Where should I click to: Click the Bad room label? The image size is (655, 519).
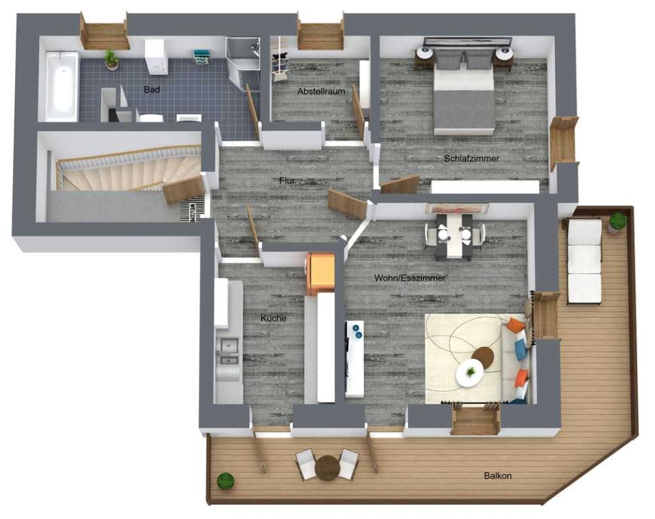(152, 89)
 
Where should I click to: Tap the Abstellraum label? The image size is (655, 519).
(321, 91)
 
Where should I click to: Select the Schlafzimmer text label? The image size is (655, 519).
(472, 158)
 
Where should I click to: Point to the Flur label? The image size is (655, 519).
(287, 181)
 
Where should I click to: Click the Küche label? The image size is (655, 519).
(274, 318)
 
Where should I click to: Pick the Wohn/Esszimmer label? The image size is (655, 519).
(410, 278)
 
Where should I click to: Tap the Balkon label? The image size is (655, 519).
(498, 476)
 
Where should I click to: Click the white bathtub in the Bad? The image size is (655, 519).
(62, 86)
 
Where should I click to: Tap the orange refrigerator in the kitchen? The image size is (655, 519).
(321, 274)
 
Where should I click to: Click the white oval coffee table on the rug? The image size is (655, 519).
(470, 373)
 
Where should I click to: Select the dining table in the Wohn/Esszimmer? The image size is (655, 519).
(453, 235)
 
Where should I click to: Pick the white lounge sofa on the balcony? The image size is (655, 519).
(584, 260)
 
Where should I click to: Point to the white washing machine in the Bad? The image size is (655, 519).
(156, 57)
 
